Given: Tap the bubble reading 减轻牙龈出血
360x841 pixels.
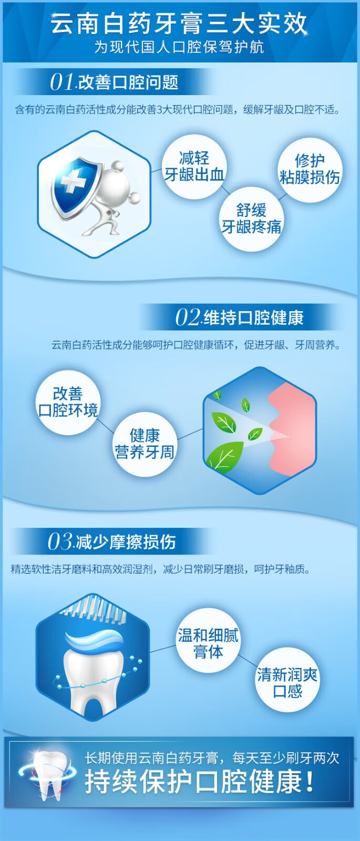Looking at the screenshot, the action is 194,167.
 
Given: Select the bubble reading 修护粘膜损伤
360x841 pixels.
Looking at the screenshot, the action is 310,170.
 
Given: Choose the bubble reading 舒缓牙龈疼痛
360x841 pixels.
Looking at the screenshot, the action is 251,219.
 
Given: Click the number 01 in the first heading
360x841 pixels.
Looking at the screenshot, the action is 62,82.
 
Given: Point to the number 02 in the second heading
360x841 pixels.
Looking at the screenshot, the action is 188,317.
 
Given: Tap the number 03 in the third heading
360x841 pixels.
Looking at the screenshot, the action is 60,541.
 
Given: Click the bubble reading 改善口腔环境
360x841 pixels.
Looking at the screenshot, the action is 68,403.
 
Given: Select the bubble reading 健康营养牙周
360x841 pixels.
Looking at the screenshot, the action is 145,444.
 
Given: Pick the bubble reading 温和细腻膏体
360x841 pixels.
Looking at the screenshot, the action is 208,643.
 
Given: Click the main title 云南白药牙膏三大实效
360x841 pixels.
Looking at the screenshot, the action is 179,23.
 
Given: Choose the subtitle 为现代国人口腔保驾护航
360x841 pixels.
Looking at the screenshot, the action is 179,47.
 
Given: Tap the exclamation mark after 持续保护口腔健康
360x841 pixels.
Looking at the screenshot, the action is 310,782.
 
